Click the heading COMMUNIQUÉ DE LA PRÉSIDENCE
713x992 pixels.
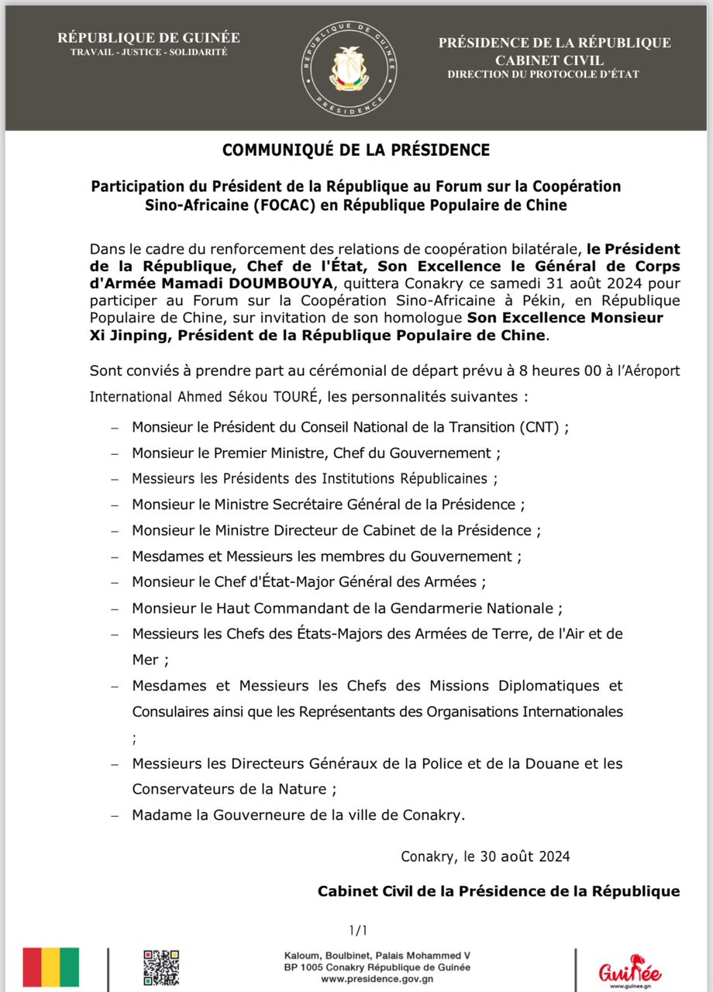point(356,150)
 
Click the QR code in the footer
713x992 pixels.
point(161,967)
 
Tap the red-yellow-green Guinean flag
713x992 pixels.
point(51,966)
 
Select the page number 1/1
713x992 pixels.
point(358,930)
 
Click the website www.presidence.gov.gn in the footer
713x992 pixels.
point(377,979)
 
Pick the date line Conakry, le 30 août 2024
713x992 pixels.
point(486,856)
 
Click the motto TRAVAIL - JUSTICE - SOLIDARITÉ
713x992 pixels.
point(149,52)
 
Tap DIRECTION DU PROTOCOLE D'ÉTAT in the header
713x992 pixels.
point(543,74)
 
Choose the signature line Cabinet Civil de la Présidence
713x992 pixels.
point(498,892)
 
